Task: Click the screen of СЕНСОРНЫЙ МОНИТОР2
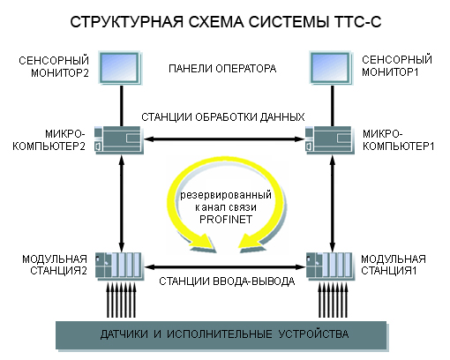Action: click(x=120, y=67)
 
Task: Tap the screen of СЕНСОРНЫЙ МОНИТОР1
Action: click(x=330, y=67)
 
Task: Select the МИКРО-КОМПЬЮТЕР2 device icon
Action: click(x=118, y=139)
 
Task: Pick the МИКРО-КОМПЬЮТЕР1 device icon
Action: click(x=329, y=139)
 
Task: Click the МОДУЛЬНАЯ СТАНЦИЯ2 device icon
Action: click(x=119, y=266)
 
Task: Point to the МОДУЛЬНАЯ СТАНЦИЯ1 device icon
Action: click(x=329, y=266)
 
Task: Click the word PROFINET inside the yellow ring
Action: click(x=226, y=220)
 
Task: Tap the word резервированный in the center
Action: click(x=226, y=195)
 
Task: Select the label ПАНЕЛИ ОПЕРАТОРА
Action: click(x=222, y=69)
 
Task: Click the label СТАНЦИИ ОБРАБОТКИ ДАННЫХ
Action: click(x=223, y=117)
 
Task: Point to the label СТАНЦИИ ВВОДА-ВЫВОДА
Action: click(x=227, y=281)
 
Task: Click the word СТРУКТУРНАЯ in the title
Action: click(x=127, y=22)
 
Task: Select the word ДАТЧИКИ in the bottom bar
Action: click(x=124, y=334)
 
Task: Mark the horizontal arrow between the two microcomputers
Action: click(x=224, y=139)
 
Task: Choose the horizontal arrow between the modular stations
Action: click(x=225, y=267)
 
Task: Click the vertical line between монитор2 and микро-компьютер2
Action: click(x=122, y=106)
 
